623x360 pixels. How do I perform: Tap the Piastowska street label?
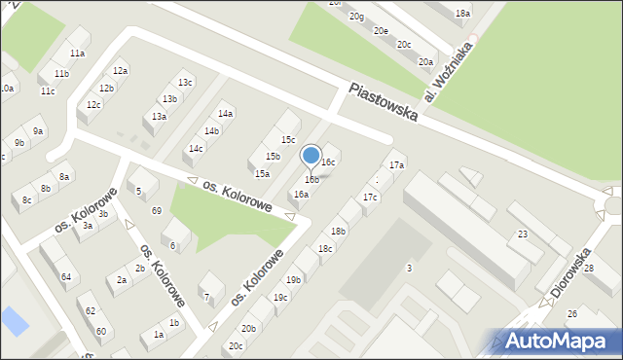(384, 101)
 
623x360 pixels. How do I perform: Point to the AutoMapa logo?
(560, 341)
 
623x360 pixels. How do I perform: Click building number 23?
(523, 234)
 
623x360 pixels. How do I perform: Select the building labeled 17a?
(396, 165)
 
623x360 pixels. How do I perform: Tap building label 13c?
(184, 83)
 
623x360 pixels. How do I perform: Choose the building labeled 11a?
(77, 54)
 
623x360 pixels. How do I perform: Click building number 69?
(156, 211)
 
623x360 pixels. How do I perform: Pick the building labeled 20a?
(425, 62)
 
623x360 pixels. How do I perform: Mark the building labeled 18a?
(462, 14)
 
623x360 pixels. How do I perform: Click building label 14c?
(196, 149)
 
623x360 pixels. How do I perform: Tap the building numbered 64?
(66, 277)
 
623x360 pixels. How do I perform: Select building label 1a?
(158, 335)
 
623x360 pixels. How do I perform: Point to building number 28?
(615, 268)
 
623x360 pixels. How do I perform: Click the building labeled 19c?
(280, 298)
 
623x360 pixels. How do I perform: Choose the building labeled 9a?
(38, 130)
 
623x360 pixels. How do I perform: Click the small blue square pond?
(15, 319)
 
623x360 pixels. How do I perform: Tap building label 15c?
(288, 140)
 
